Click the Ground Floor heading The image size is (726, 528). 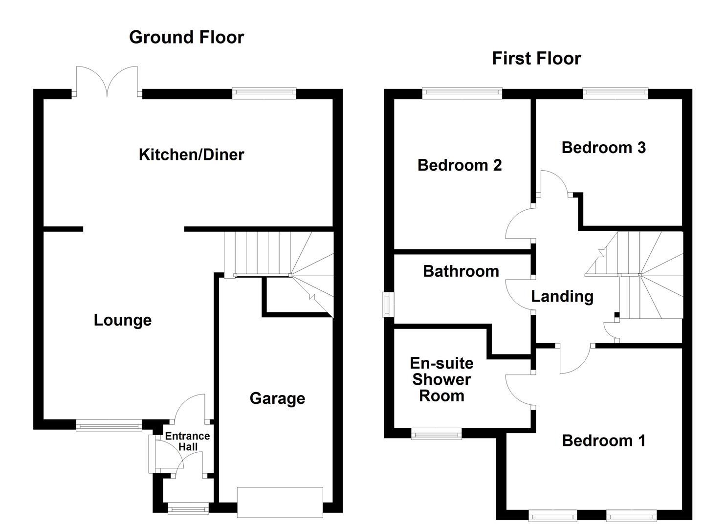tap(186, 37)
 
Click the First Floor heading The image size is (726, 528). tap(536, 58)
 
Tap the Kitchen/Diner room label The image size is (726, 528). tap(191, 154)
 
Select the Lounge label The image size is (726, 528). tap(123, 320)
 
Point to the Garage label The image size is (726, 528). tap(277, 398)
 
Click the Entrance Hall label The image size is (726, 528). tap(187, 441)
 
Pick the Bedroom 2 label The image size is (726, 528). tap(460, 165)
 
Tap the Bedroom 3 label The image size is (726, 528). tap(603, 148)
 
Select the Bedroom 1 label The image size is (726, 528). tap(603, 440)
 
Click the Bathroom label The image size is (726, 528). tap(461, 271)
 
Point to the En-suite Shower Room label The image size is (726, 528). tap(441, 379)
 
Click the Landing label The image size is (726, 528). tap(562, 296)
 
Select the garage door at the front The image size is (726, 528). tap(280, 502)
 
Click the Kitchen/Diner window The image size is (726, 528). tap(264, 93)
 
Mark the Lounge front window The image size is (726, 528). tap(109, 426)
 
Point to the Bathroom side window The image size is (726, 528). tap(388, 304)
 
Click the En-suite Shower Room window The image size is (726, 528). tap(436, 434)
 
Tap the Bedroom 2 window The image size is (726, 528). tap(462, 93)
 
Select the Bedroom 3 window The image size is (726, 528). tap(615, 93)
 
